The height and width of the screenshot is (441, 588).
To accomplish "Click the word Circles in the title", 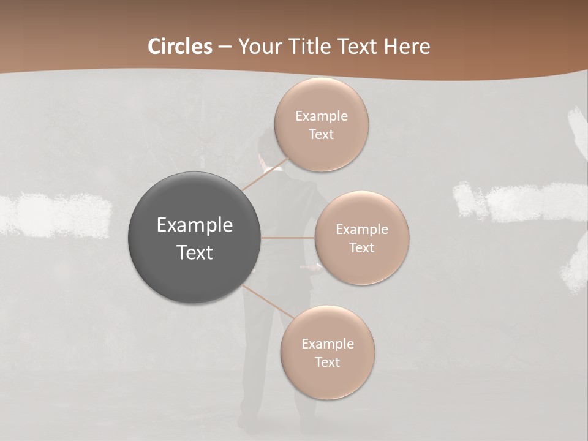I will pos(179,47).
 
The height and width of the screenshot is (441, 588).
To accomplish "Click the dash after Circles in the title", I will pos(225,47).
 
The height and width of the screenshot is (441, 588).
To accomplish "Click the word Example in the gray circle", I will pos(195,225).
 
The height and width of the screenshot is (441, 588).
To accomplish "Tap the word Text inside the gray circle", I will pos(195,252).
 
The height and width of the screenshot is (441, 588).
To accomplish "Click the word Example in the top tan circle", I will pos(322,116).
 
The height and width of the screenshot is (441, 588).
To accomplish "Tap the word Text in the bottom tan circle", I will pos(328,363).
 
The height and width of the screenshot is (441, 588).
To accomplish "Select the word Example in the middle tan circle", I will pos(362,230).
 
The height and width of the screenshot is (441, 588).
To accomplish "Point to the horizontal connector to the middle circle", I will pos(288,237).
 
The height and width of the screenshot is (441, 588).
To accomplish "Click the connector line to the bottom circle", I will pos(268,301).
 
